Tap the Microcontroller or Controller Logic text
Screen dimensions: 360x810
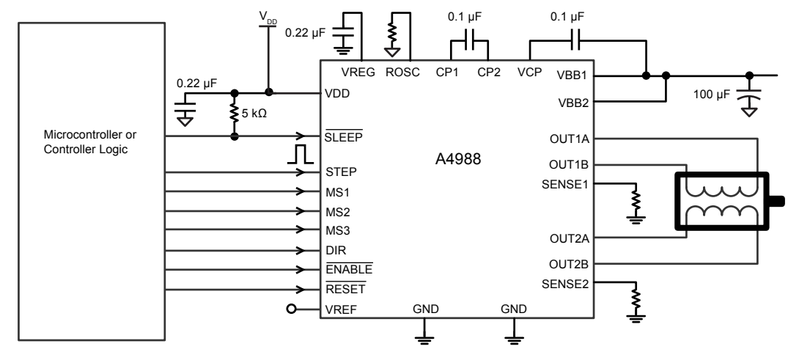click(90, 142)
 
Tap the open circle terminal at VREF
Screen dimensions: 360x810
click(292, 309)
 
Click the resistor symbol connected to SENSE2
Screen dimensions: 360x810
click(636, 298)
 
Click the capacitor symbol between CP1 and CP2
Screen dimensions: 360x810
click(470, 41)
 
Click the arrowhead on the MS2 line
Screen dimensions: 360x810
click(300, 212)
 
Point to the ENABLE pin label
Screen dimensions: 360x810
click(348, 270)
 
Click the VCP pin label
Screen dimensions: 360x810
click(529, 72)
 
